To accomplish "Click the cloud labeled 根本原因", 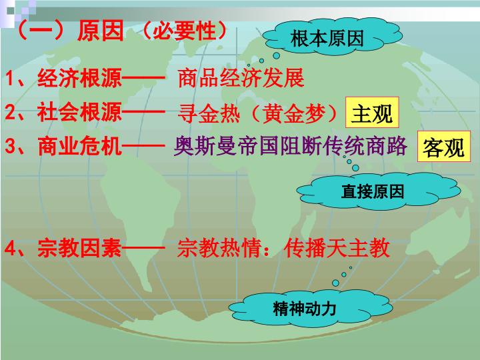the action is coord(332,37).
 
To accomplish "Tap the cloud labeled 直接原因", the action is coord(379,191).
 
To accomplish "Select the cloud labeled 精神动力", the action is coord(310,308).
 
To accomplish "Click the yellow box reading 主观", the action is coord(372,113).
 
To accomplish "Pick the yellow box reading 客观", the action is coord(443,147).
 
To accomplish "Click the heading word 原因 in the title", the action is coord(101,31).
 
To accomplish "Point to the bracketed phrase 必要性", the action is coord(185,31).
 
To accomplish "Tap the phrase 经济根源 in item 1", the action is coord(79,78).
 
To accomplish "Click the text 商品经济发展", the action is coord(241,78).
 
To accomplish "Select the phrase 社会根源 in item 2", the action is coord(79,112).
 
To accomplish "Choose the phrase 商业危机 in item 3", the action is coord(79,146).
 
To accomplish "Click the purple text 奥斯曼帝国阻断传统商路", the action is coord(290,146).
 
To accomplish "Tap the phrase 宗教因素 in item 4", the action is coord(79,247).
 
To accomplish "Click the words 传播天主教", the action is coord(337,247).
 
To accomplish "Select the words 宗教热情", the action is coord(219,247).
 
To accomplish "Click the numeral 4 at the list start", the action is coord(11,247).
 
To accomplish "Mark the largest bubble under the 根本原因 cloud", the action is coord(277,56).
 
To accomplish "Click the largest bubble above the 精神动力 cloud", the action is coord(336,283).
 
